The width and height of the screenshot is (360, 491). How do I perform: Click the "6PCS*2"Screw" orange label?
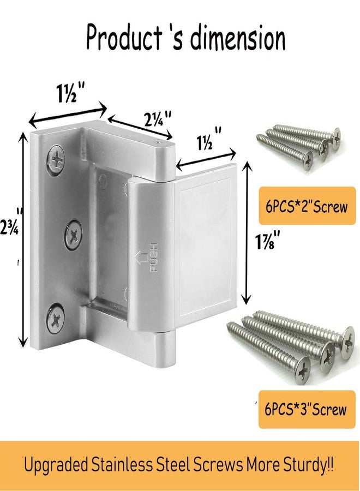(x=307, y=207)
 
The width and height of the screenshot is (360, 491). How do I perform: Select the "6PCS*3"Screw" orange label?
(x=307, y=409)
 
